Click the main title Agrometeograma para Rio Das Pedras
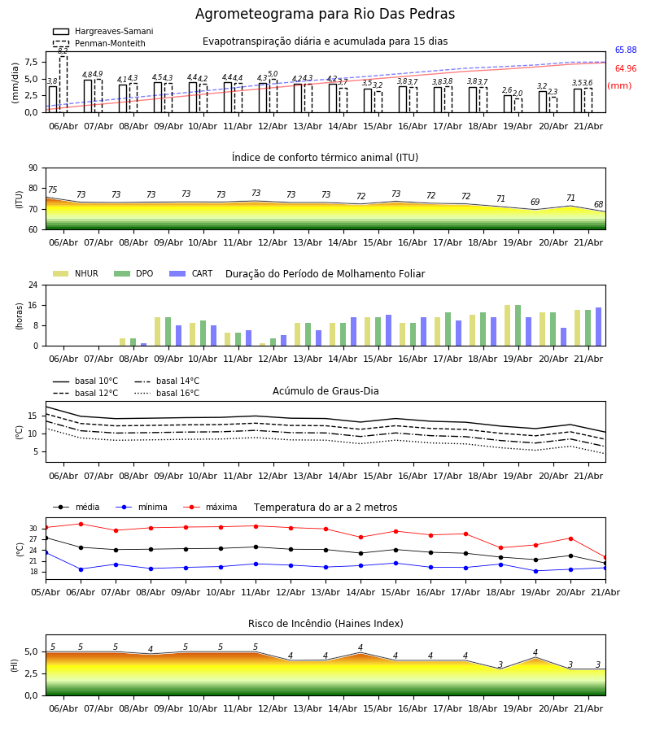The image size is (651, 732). point(325,14)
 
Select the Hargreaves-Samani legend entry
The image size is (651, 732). point(103,31)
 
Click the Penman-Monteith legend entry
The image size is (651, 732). point(99,43)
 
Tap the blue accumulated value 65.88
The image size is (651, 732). point(626,50)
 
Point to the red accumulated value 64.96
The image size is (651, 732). point(626,68)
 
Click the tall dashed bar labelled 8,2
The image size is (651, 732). point(63,84)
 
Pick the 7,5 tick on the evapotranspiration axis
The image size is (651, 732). point(31,62)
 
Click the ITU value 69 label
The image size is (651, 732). point(535,202)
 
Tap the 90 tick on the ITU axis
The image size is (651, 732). point(33,168)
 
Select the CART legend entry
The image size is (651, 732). point(191,273)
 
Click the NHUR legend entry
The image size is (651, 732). point(76,273)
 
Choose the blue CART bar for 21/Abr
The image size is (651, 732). point(599,327)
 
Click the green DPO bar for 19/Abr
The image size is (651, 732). point(518,325)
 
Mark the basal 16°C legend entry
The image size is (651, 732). point(167,393)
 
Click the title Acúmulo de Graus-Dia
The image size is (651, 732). point(325,391)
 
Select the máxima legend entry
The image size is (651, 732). point(210,507)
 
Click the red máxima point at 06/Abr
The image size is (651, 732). point(81,524)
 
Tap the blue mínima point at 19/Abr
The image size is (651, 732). point(535,571)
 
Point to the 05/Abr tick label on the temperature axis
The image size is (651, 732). point(46,592)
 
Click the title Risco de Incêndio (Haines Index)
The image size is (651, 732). point(325,624)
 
